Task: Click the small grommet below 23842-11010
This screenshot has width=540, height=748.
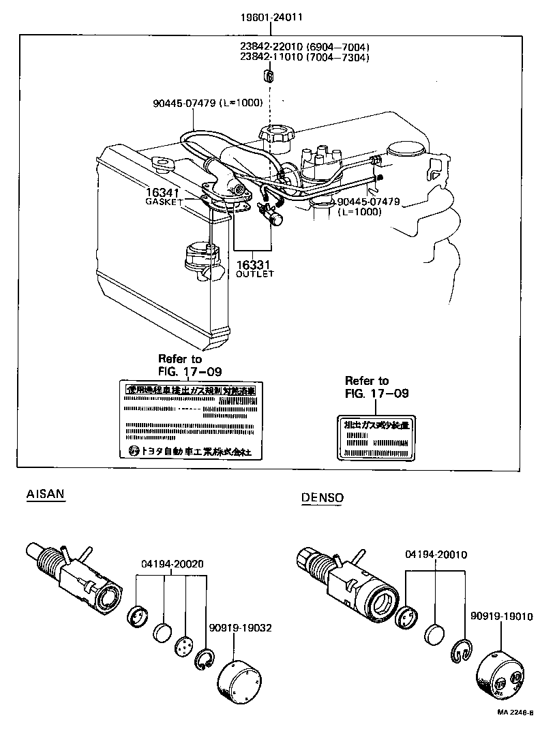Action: (269, 74)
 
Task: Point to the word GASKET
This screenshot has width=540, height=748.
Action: (164, 202)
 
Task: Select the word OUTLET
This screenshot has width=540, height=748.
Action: (254, 274)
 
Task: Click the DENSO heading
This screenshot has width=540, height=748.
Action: (322, 498)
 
